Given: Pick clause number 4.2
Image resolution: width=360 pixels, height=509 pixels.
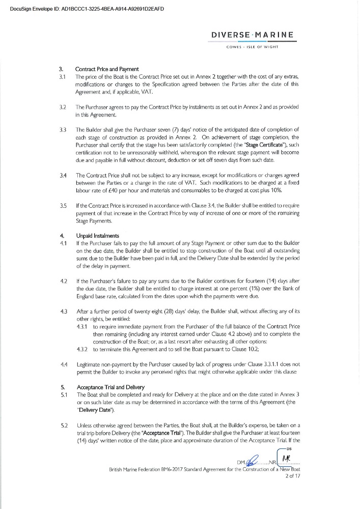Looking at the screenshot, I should pyautogui.click(x=64, y=281).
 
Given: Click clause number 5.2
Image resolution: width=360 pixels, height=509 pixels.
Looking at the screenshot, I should pyautogui.click(x=64, y=411).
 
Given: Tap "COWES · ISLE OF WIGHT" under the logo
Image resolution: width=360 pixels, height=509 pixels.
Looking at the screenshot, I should pyautogui.click(x=259, y=47).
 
